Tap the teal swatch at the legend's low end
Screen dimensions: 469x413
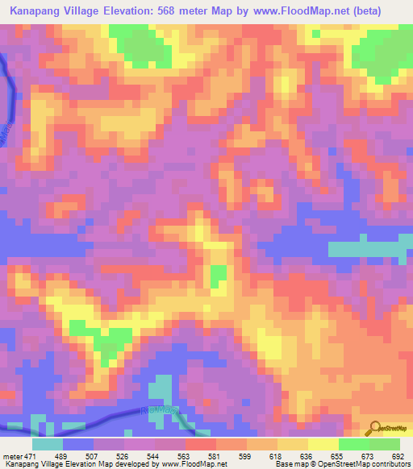point(48,444)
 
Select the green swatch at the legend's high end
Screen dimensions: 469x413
point(385,444)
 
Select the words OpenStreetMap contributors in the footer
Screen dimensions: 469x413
point(372,463)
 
